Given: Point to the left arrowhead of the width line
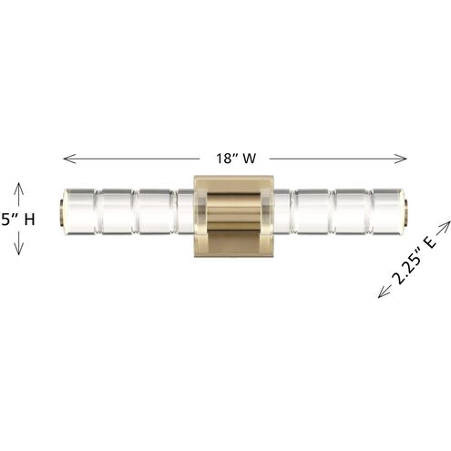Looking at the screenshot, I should [x=66, y=158].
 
